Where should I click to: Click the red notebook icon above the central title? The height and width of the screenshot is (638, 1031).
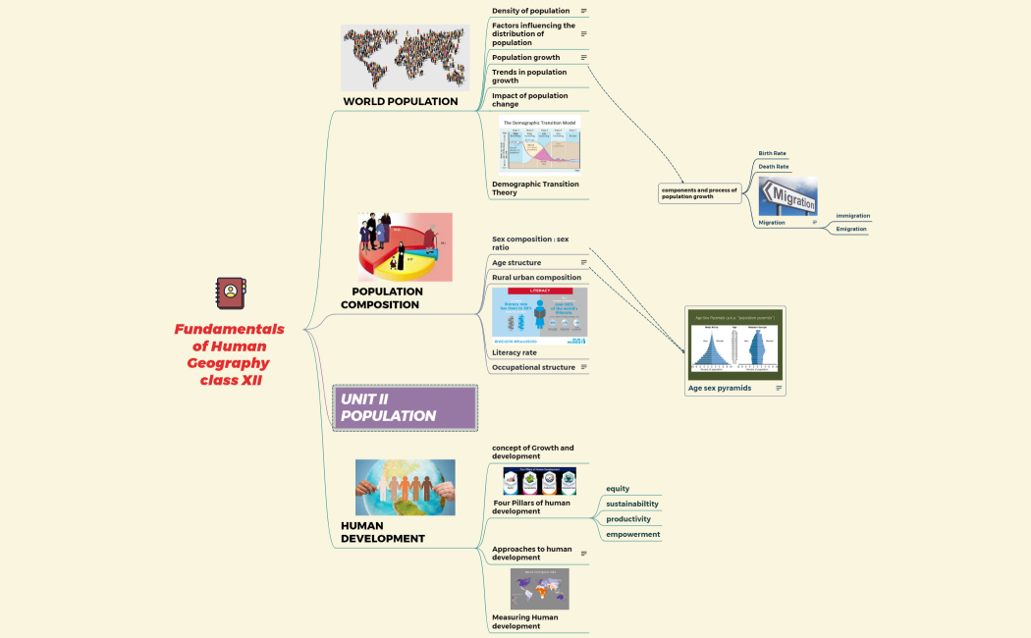[x=230, y=292]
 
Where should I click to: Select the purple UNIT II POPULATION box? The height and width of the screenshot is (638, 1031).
[x=405, y=407]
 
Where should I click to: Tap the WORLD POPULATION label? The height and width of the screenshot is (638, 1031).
[x=400, y=101]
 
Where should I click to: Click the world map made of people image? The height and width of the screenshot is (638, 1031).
[x=405, y=57]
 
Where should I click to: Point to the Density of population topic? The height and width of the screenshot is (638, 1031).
[x=530, y=11]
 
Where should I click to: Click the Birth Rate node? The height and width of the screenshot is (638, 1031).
[x=772, y=153]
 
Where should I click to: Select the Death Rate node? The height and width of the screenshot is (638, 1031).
[x=773, y=167]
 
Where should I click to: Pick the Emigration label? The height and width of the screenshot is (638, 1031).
[x=851, y=229]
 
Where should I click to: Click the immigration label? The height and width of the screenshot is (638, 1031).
[x=852, y=216]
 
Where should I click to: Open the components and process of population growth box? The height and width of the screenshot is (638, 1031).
[x=699, y=193]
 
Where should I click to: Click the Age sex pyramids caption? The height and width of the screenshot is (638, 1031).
[x=720, y=388]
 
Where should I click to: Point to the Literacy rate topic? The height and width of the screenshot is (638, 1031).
[x=515, y=352]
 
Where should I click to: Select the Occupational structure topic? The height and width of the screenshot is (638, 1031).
[x=533, y=367]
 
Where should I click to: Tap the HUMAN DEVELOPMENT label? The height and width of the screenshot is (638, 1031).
[x=382, y=532]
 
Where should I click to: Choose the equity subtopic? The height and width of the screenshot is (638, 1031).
[x=618, y=489]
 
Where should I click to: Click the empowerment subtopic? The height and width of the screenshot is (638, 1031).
[x=632, y=534]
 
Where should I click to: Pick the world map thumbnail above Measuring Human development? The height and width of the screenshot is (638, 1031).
[x=539, y=589]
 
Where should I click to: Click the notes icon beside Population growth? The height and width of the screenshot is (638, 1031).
[x=583, y=58]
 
